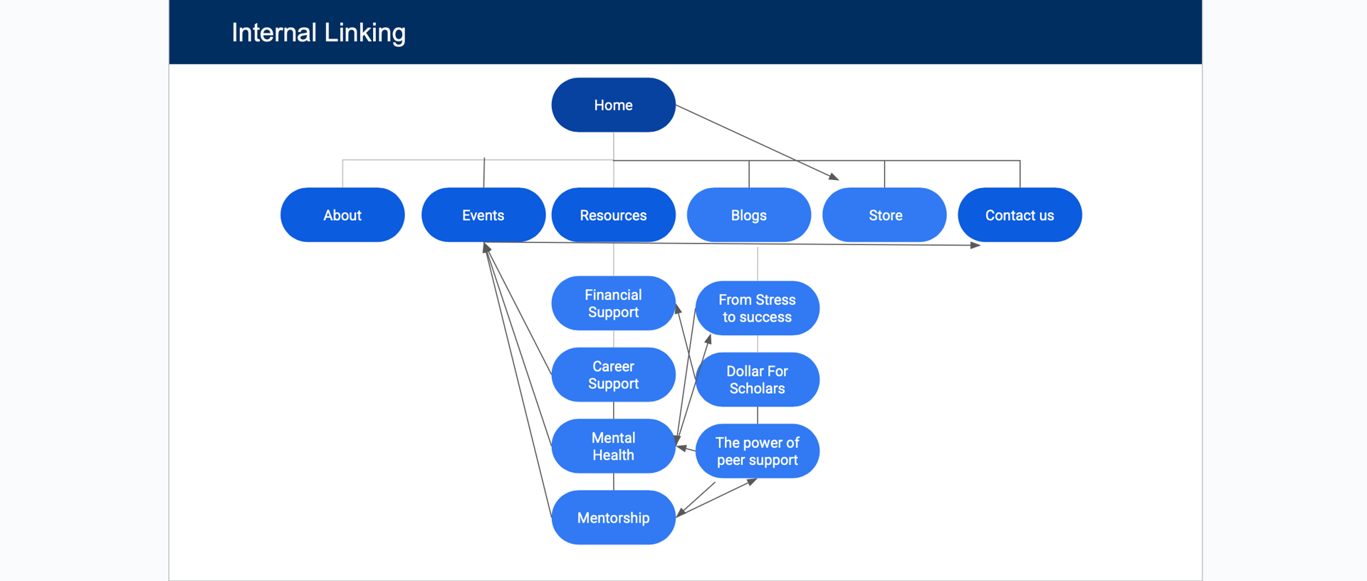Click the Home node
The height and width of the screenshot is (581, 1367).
coord(613,105)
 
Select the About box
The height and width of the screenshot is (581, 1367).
coord(342,215)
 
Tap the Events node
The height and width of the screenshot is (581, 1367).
coord(483,215)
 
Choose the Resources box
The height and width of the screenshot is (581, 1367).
coord(613,215)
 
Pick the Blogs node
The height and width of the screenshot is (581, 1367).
coord(749,215)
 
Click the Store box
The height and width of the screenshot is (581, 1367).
coord(884,215)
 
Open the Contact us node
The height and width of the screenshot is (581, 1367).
coord(1020,215)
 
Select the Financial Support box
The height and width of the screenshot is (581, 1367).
coord(613,303)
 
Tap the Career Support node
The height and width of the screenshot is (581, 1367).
coord(613,375)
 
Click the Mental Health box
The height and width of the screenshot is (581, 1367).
coord(613,446)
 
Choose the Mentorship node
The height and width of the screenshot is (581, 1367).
coord(613,518)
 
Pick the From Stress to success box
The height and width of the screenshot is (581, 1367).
coord(758,308)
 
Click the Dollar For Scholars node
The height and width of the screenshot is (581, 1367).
coord(758,380)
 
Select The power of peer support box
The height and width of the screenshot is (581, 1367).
coord(758,451)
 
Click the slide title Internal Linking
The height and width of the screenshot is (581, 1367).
coord(318,33)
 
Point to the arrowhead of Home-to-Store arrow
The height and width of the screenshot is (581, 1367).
coord(834,177)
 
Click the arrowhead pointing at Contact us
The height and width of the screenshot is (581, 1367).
coord(975,245)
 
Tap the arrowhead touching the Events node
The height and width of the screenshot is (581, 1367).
coord(486,248)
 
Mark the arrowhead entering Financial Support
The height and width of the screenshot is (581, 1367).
coord(679,309)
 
